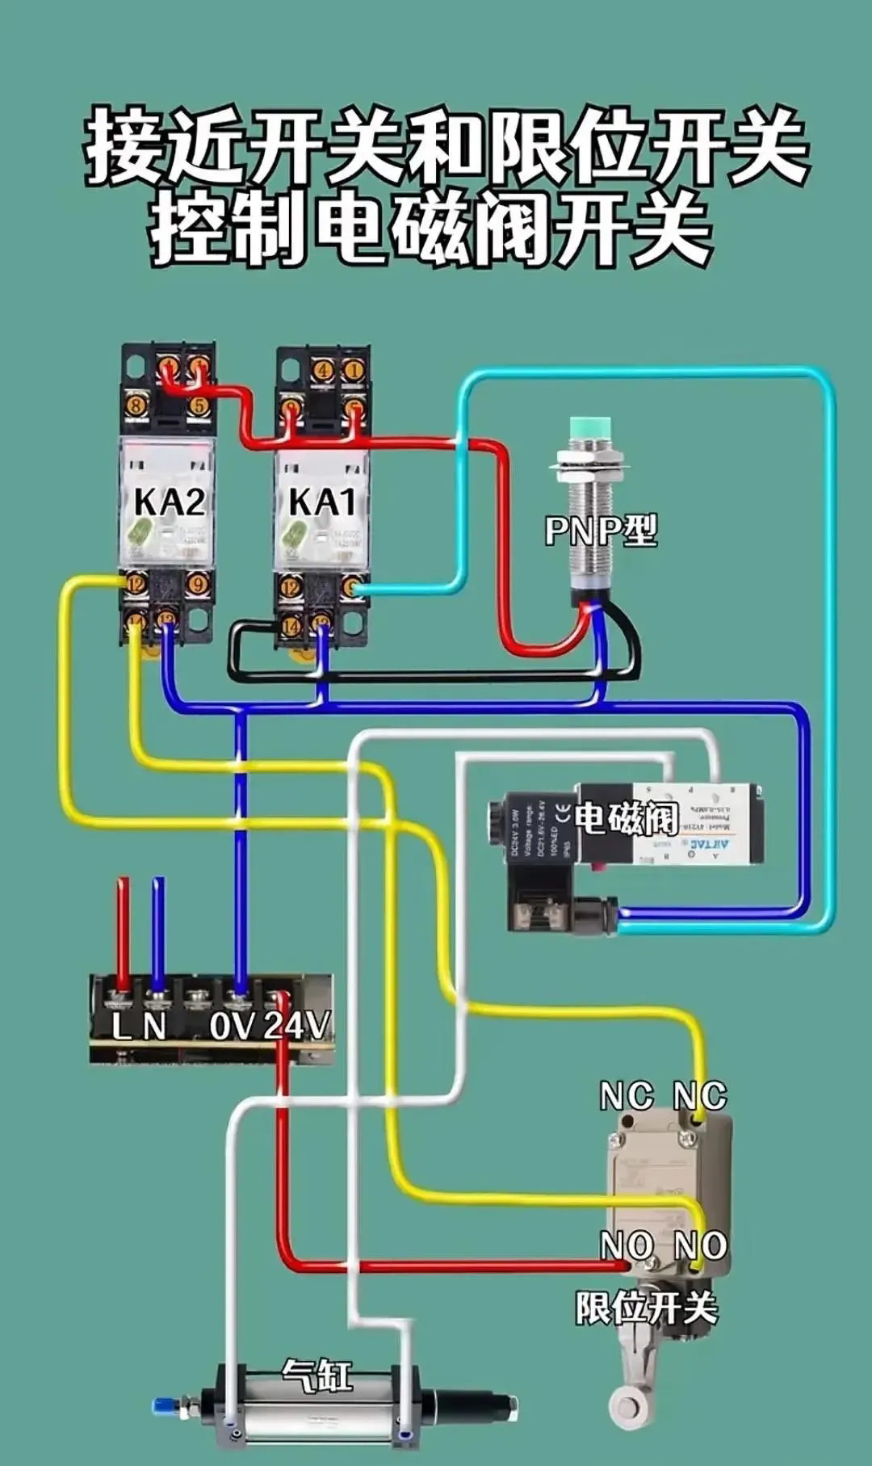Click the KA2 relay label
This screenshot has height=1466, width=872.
(169, 502)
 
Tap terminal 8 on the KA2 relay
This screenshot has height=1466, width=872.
(136, 405)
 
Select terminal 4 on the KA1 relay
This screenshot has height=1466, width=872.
(324, 371)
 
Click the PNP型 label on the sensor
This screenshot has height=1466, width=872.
(601, 531)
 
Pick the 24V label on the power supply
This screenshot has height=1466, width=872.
(296, 1026)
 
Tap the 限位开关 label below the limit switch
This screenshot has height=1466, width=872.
(646, 1307)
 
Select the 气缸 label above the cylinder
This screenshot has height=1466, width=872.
(317, 1374)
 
